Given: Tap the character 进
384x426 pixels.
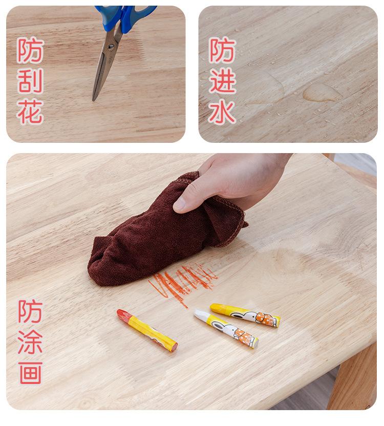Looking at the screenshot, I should (x=222, y=81).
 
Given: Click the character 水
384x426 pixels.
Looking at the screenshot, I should (x=222, y=112).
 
